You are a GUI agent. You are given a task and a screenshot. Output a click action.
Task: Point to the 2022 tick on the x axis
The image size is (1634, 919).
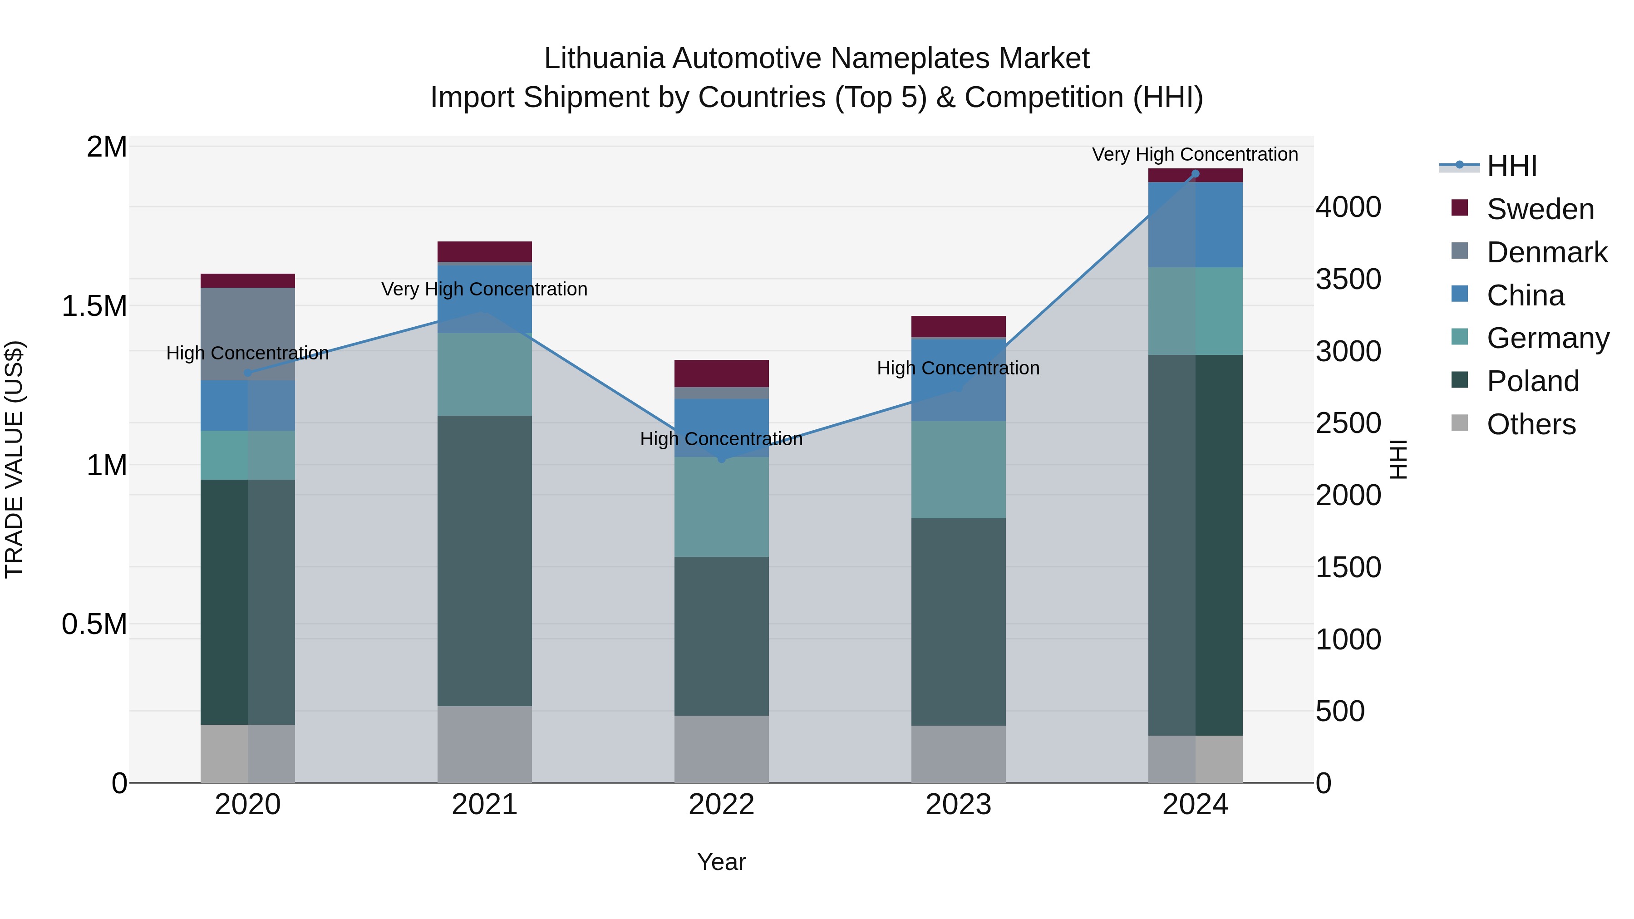(x=721, y=805)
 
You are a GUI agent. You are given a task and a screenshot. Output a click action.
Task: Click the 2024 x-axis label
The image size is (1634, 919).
(x=1195, y=805)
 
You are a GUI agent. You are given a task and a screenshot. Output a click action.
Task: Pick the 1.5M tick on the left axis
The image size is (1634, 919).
(x=94, y=306)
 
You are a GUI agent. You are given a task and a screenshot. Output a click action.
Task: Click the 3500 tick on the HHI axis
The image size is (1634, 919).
(x=1348, y=279)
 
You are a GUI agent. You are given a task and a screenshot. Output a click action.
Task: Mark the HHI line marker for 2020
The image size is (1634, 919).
(x=248, y=373)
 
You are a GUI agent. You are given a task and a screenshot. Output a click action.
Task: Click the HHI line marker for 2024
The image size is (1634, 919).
(x=1195, y=174)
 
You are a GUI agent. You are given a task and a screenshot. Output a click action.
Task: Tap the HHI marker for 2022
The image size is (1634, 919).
(x=721, y=458)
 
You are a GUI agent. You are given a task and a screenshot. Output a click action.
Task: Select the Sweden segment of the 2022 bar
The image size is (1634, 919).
(x=721, y=373)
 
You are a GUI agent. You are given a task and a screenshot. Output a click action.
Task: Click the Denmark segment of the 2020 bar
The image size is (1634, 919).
(x=248, y=334)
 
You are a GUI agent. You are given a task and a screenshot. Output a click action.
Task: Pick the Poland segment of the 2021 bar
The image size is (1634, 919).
(x=485, y=560)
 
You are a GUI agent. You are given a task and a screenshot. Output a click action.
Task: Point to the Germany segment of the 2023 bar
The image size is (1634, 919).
(x=959, y=469)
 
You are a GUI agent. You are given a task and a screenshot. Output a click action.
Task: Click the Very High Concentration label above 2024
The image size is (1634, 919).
(x=1195, y=154)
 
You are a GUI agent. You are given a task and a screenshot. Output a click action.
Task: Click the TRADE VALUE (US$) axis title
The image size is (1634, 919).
(x=14, y=459)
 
